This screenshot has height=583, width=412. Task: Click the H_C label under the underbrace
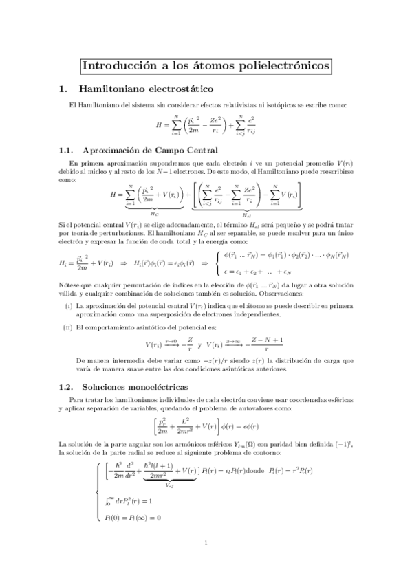(x=154, y=213)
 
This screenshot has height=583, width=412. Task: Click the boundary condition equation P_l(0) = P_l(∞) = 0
(x=131, y=517)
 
